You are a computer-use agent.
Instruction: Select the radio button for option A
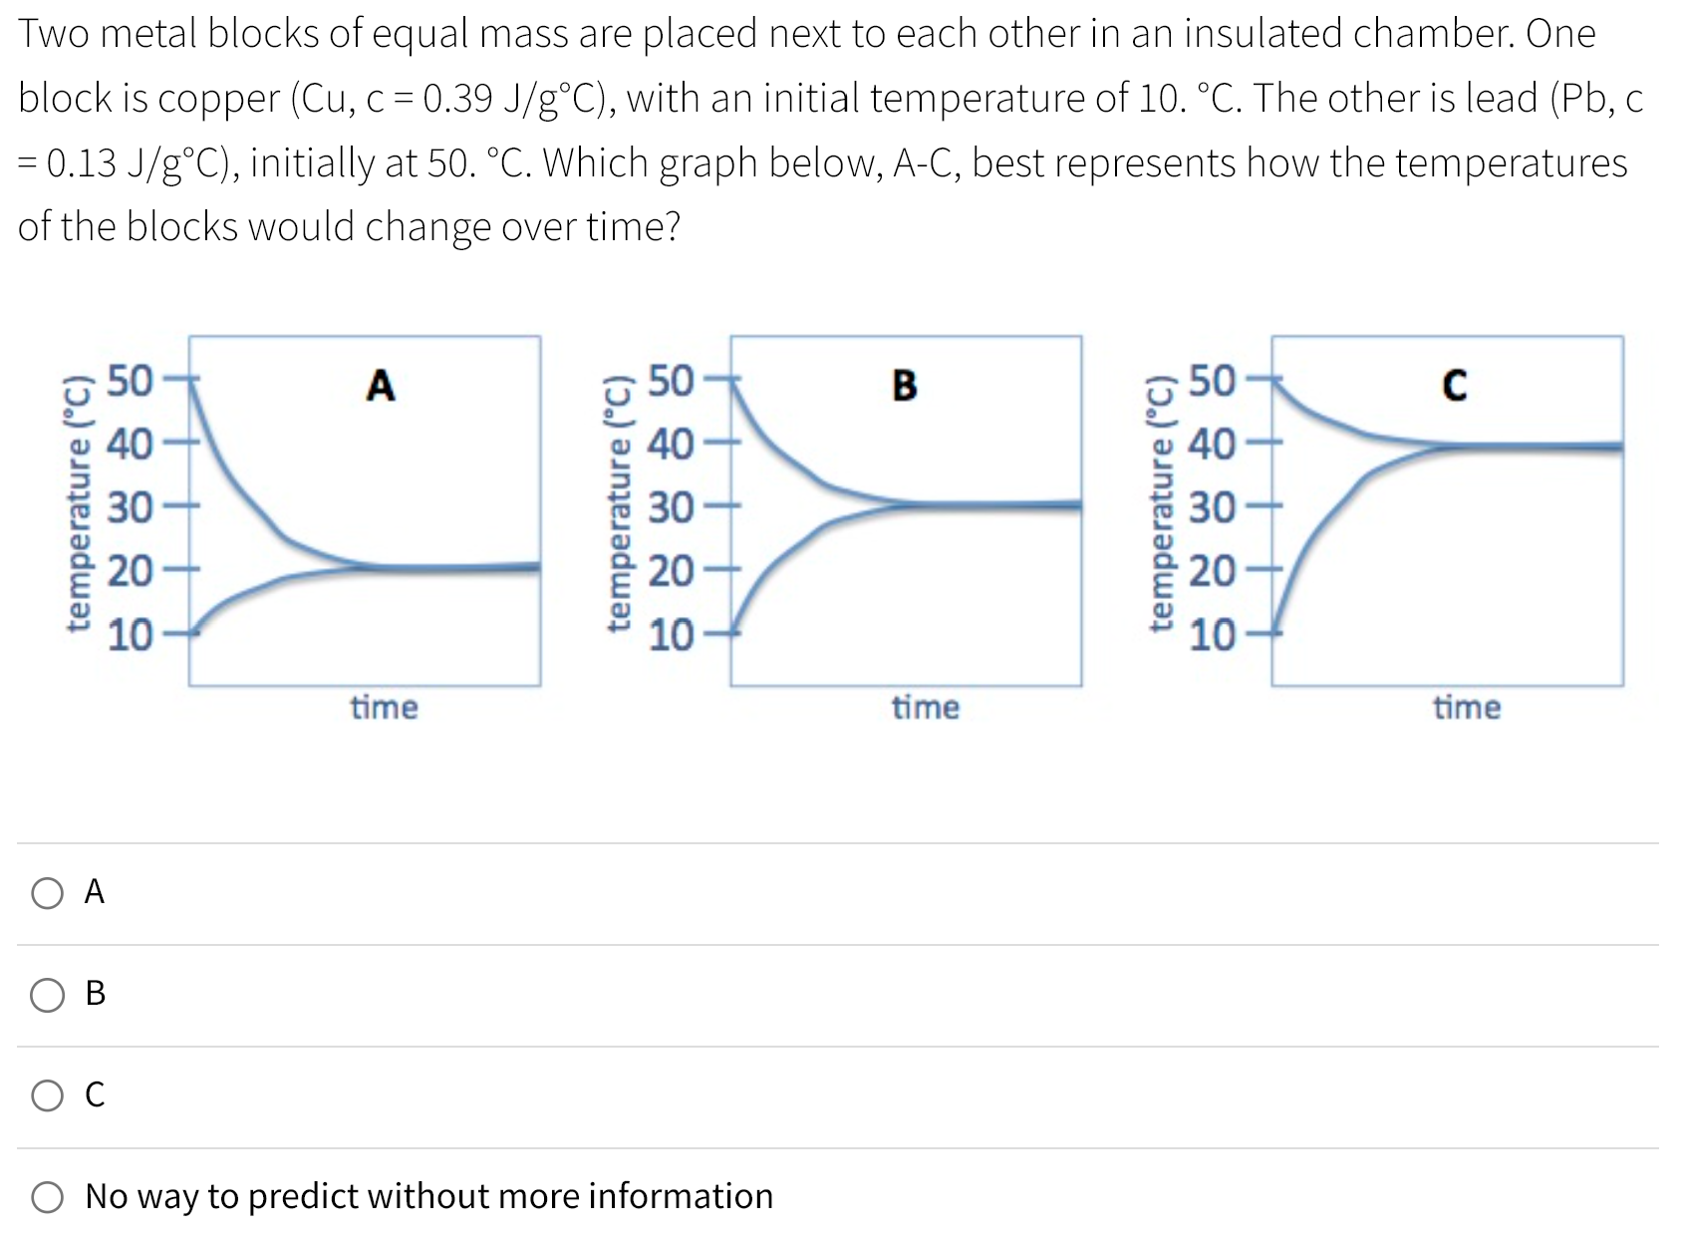(47, 892)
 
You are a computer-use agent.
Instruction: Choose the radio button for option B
(47, 994)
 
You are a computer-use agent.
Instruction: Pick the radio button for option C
(47, 1095)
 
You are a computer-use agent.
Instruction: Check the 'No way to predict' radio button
(47, 1196)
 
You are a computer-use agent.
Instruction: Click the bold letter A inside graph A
(381, 385)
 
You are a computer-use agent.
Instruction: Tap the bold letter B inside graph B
(904, 385)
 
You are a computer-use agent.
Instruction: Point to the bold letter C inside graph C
(1454, 385)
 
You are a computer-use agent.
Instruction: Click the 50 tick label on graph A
(130, 381)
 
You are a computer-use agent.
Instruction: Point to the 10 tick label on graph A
(130, 634)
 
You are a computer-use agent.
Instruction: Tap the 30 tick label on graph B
(672, 508)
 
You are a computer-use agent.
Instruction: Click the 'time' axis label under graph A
(384, 708)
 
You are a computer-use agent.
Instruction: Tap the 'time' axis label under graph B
(926, 708)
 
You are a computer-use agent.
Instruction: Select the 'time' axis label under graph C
(1467, 708)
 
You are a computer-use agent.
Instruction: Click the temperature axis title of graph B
(620, 504)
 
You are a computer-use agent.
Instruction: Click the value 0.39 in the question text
(457, 99)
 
